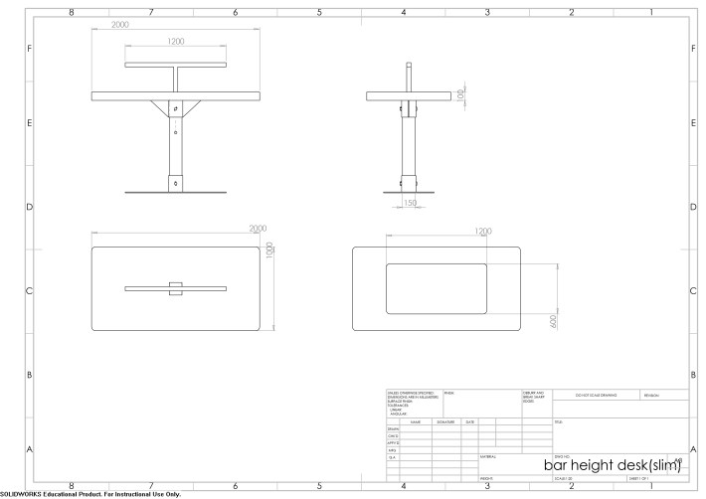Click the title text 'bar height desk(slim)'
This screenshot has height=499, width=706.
coord(612,465)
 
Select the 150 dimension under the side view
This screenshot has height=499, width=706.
coord(411,205)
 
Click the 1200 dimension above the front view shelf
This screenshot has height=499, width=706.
coord(175,42)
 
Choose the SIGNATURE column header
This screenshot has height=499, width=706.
coord(444,421)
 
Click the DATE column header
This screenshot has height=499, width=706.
coord(469,421)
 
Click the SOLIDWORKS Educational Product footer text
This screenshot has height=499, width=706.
coord(90,494)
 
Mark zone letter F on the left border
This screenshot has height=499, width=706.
coord(29,49)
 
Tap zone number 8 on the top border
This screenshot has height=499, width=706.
coord(71,13)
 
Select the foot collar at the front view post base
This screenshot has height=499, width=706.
coord(176,182)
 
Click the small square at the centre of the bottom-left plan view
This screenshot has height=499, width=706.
coord(176,288)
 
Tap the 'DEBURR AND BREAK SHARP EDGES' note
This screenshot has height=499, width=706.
coord(533,398)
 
